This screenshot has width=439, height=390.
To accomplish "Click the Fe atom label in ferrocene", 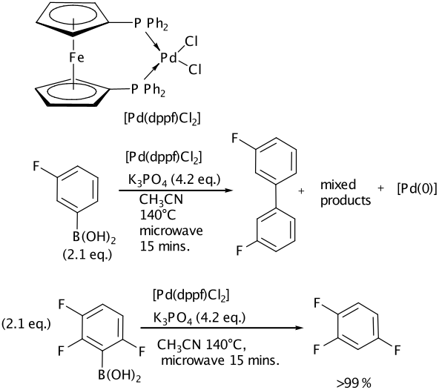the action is [x=76, y=58].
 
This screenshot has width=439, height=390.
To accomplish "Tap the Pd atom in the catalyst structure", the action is [x=168, y=58].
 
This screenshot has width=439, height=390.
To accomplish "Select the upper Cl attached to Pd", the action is [x=191, y=42].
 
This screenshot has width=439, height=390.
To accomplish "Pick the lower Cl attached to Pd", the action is [x=194, y=69].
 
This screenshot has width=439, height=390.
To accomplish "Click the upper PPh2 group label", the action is [x=151, y=24].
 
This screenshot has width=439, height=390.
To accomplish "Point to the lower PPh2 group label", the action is [x=148, y=90].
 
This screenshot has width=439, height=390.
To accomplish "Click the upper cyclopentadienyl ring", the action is [x=72, y=20].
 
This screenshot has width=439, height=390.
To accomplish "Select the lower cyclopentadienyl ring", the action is [x=72, y=92].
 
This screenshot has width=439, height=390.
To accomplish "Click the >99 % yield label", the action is [x=354, y=383].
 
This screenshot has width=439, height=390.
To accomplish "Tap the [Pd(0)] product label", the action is [x=417, y=190].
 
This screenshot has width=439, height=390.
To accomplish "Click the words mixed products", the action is [x=346, y=193].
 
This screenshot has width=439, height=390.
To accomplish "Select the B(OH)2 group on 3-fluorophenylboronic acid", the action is [x=94, y=238].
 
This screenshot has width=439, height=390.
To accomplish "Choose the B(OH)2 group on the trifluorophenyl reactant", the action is [x=119, y=376].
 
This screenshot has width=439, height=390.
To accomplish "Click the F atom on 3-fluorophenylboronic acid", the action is [x=36, y=166].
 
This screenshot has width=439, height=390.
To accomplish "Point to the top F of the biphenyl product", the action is [x=236, y=138].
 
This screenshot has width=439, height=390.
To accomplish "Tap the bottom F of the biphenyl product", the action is [x=240, y=251].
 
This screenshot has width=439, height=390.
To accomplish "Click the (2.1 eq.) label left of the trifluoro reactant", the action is [x=26, y=324].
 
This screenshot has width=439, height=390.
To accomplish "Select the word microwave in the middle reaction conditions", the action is [x=171, y=231].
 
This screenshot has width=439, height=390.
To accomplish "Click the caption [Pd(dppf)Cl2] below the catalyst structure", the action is [x=162, y=119].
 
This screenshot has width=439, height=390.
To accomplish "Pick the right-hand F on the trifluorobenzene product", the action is [x=397, y=350].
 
